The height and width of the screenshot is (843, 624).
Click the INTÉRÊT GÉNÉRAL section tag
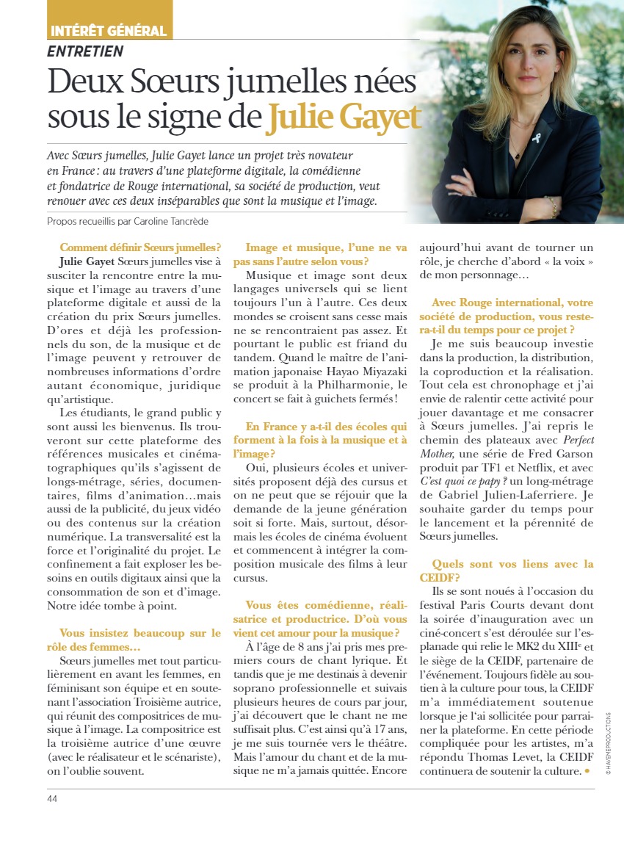coord(108,31)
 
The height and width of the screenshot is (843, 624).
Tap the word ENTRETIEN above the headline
coord(85,51)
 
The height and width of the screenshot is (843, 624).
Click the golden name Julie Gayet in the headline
coord(344,117)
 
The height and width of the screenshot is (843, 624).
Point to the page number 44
coord(52,798)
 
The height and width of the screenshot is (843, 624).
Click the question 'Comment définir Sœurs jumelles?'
coord(140,247)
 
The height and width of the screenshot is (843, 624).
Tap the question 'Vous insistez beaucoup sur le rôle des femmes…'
coord(139,640)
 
